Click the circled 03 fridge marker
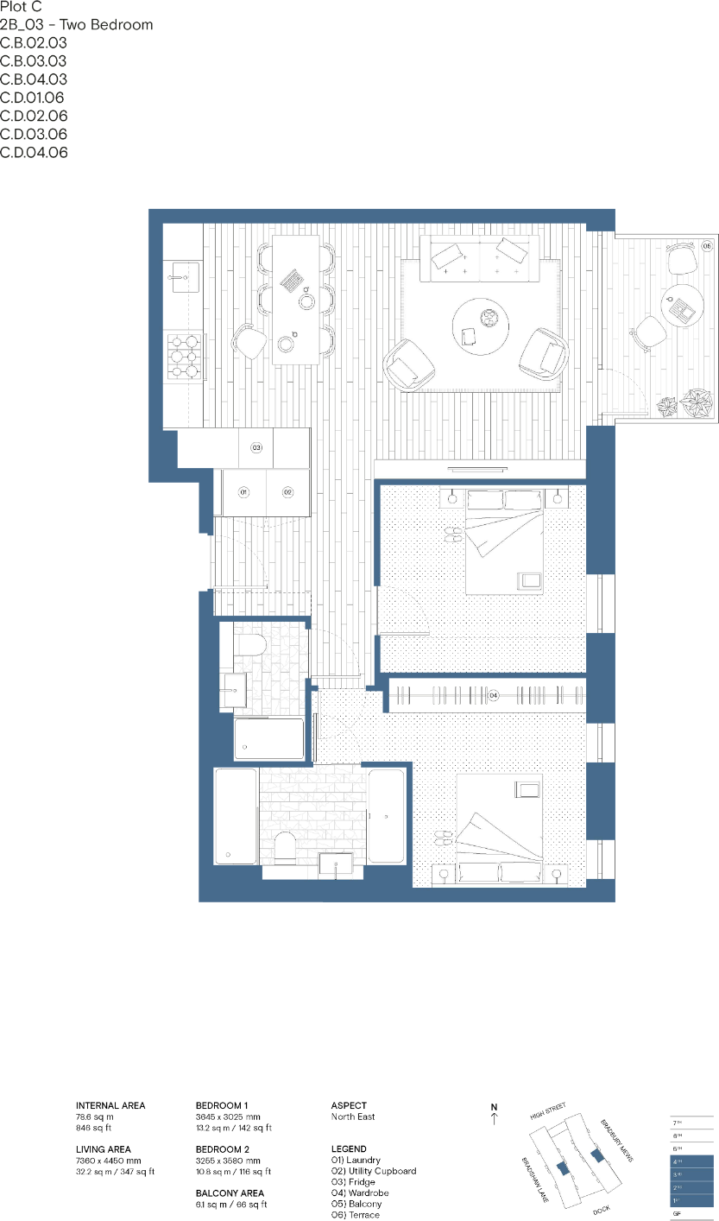point(256,447)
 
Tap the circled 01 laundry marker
point(243,491)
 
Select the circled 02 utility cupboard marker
point(288,491)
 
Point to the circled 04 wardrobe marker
point(494,694)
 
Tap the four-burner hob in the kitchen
point(184,355)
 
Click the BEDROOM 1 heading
point(222,1105)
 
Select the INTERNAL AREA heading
point(110,1105)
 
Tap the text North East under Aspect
point(353,1117)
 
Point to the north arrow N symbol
point(494,1113)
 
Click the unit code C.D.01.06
point(32,98)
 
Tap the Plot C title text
point(21,7)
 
